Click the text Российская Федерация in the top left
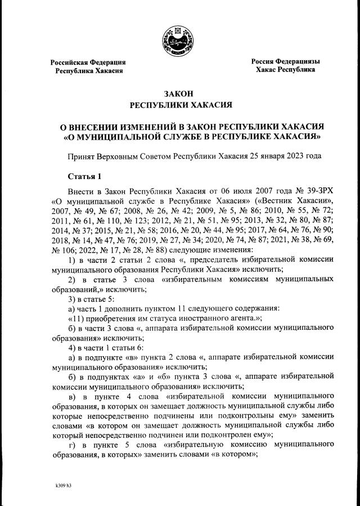click(88, 62)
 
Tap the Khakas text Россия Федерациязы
click(285, 61)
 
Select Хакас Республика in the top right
click(285, 70)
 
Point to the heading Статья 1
click(84, 176)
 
